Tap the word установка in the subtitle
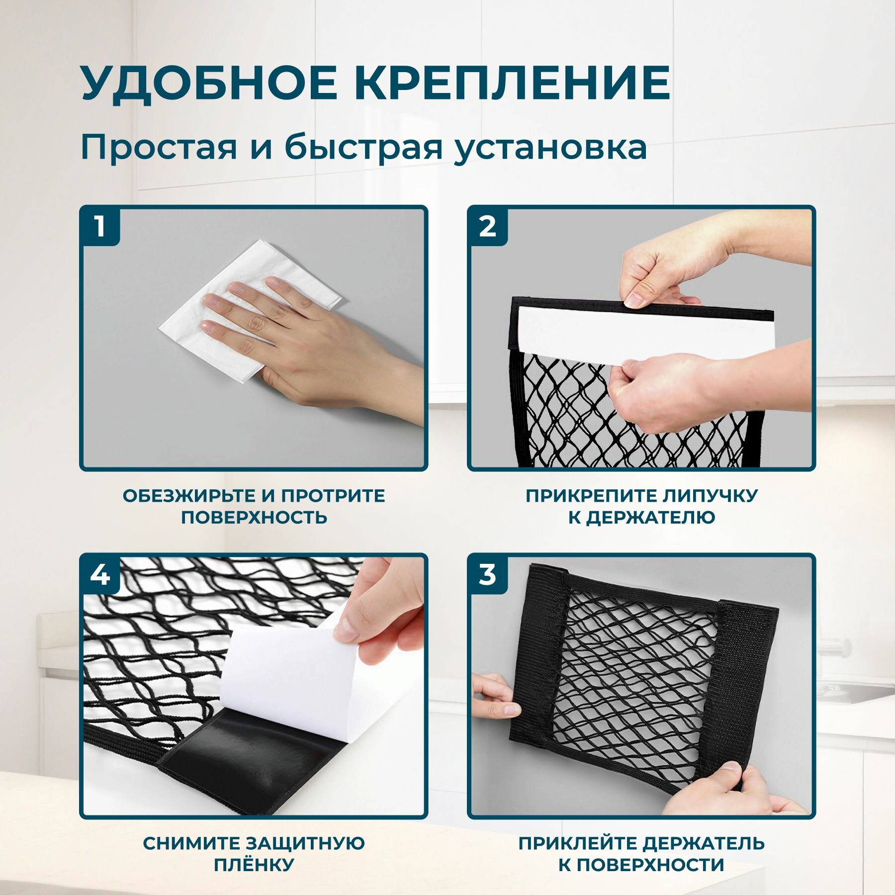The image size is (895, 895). tap(551, 148)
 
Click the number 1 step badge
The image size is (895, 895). tap(100, 227)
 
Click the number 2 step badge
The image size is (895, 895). tap(487, 227)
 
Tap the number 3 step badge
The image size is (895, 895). tap(487, 575)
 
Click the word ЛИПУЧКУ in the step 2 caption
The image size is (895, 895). tap(711, 496)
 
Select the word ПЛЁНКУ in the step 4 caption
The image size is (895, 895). tap(254, 865)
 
